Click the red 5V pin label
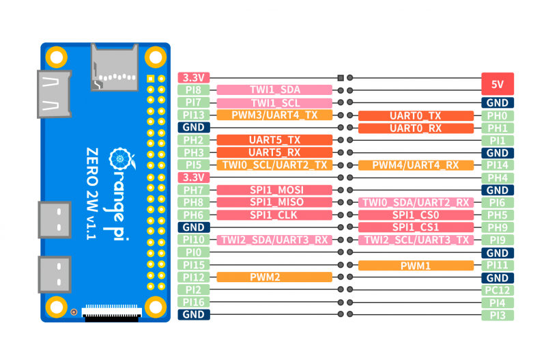498,84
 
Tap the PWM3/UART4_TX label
274,115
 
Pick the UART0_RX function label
416,128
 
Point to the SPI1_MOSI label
274,190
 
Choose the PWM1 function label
416,265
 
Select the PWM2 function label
274,277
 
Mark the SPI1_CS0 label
416,215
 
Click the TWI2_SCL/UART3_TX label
416,240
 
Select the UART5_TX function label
274,140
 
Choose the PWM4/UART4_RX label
416,165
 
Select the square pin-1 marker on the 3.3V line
341,78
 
